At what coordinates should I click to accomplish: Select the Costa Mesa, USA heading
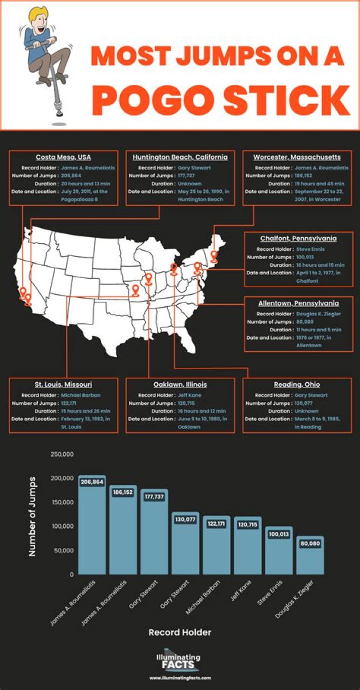point(63,157)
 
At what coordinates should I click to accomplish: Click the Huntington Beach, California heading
point(180,157)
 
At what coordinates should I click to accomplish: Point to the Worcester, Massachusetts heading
point(297,157)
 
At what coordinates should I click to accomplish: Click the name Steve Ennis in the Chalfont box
point(310,249)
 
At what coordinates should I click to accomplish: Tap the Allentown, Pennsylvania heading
point(298,303)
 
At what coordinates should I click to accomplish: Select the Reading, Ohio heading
point(297,385)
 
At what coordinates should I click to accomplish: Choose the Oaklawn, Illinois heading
point(180,385)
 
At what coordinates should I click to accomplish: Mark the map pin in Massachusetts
point(214,256)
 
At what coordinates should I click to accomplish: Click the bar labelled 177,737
point(154,535)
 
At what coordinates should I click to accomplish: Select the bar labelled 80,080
point(310,558)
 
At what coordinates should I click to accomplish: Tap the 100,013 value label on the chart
point(278,534)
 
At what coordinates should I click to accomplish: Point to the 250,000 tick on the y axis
point(62,454)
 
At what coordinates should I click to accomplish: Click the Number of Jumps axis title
point(33,516)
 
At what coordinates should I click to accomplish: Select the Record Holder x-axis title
point(180,632)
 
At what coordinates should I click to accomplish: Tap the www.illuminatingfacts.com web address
point(180,678)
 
